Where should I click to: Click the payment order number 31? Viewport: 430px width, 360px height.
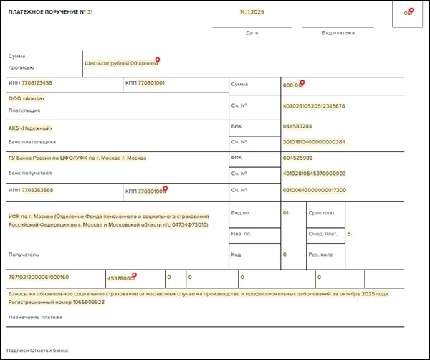point(90,12)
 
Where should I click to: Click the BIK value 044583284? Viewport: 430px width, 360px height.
point(297,126)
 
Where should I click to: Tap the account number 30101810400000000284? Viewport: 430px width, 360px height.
point(314,141)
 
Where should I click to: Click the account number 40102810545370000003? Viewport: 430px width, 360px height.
point(314,173)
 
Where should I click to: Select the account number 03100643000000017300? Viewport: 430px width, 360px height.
point(314,190)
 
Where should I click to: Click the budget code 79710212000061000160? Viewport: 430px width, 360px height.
point(38,277)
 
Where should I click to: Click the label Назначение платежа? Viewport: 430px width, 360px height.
point(30,317)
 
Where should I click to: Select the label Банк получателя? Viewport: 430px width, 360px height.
point(29,173)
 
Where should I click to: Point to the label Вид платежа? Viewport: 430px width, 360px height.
point(338,33)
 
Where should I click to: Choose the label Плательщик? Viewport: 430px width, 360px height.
point(24,110)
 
